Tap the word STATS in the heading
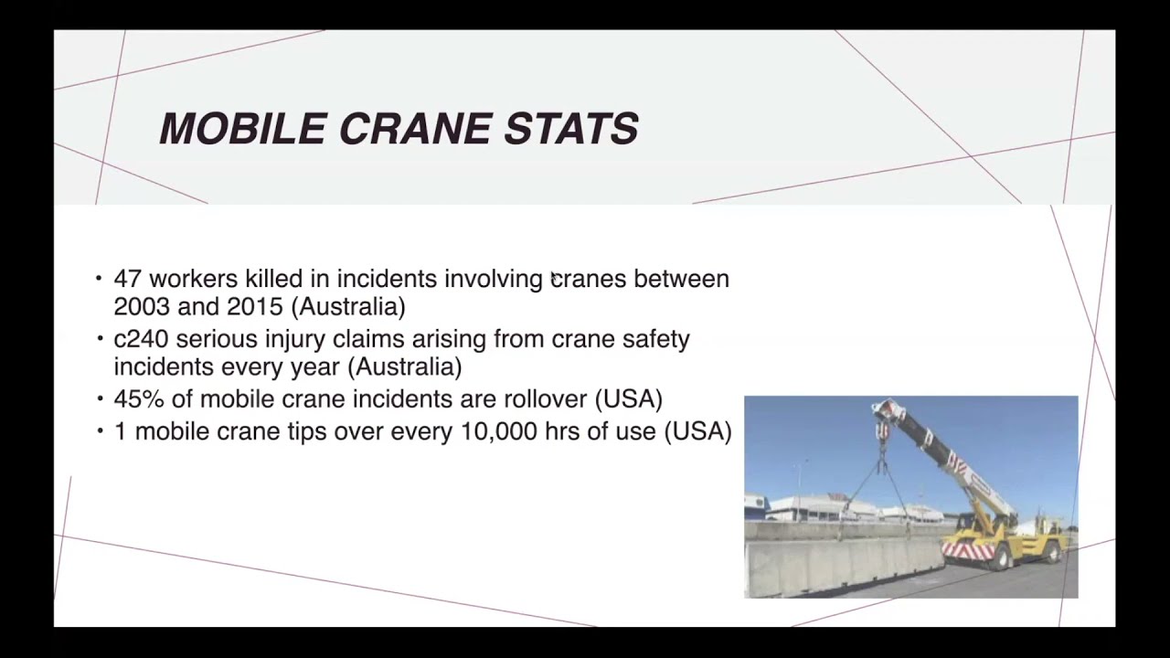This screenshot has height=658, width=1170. pyautogui.click(x=571, y=129)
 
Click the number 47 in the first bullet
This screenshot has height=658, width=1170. pyautogui.click(x=128, y=279)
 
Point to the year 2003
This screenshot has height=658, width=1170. pyautogui.click(x=142, y=306)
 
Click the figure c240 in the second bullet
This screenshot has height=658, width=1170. pyautogui.click(x=141, y=339)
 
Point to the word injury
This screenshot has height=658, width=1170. pyautogui.click(x=294, y=340)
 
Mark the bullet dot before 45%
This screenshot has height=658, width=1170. pyautogui.click(x=100, y=399)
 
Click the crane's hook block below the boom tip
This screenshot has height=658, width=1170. pyautogui.click(x=882, y=430)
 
